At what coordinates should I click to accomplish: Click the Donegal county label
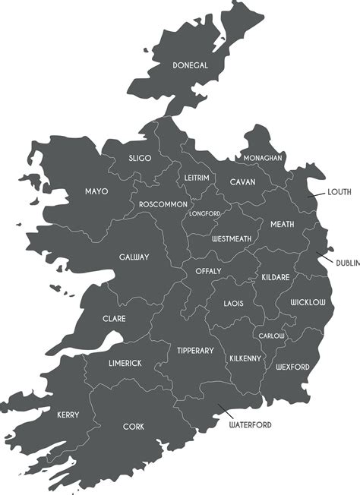coord(190,65)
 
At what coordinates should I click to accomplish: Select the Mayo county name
coord(96,191)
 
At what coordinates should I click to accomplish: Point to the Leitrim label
coord(197,178)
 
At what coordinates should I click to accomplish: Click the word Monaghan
coord(263,158)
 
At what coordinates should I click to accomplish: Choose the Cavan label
coord(242,182)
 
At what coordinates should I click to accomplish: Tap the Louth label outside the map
coord(339,192)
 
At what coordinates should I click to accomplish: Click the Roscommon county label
coord(163,205)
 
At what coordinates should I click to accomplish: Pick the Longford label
coord(204,213)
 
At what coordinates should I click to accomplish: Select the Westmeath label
coord(232,238)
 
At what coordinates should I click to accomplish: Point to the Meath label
coord(282,224)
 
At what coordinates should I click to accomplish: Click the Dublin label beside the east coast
coord(347,263)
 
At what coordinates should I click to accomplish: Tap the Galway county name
coord(134,257)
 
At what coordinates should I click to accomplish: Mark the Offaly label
coord(208,271)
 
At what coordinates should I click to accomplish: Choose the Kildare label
coord(276,278)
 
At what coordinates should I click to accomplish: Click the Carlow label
coord(271,336)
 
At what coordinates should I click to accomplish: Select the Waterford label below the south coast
coord(250,425)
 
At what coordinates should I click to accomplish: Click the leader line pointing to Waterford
coord(223,411)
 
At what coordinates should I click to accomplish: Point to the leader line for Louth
coord(317,195)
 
